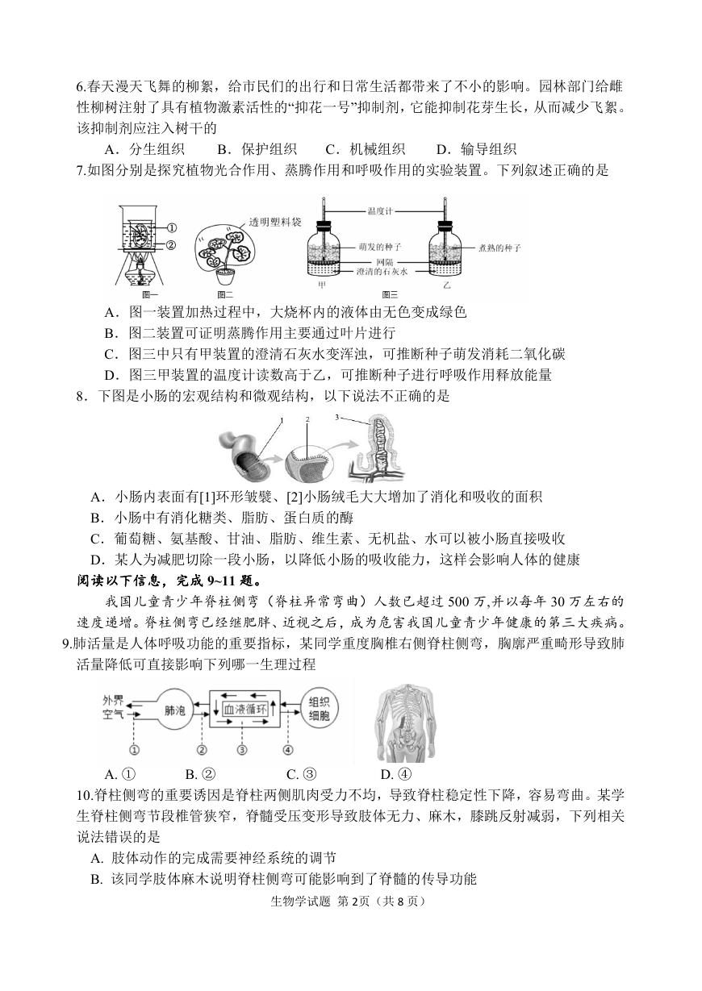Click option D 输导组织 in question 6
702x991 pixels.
pyautogui.click(x=476, y=149)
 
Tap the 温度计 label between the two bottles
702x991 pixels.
pyautogui.click(x=380, y=211)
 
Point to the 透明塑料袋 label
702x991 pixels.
pyautogui.click(x=274, y=222)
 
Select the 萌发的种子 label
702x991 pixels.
pyautogui.click(x=380, y=248)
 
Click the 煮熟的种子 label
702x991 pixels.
pyautogui.click(x=499, y=248)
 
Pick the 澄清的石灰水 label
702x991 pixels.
pyautogui.click(x=382, y=272)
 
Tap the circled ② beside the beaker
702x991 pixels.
pyautogui.click(x=171, y=244)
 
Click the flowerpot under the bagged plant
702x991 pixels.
pyautogui.click(x=226, y=277)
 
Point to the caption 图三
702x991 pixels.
pyautogui.click(x=390, y=294)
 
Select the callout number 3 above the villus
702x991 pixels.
pyautogui.click(x=336, y=417)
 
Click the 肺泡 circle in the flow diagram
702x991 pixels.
pyautogui.click(x=175, y=710)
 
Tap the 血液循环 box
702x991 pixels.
pyautogui.click(x=245, y=710)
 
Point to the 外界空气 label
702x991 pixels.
pyautogui.click(x=113, y=707)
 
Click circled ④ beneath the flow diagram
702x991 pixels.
pyautogui.click(x=288, y=749)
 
